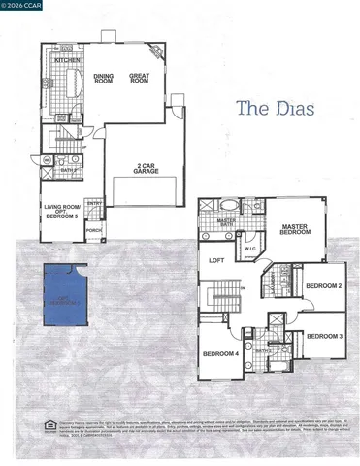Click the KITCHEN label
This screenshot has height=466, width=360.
tap(68, 59)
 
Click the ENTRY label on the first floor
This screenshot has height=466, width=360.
tap(94, 203)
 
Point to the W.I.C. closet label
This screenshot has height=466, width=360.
tap(250, 248)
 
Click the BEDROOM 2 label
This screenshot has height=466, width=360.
tap(323, 286)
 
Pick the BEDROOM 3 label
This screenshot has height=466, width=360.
tap(323, 336)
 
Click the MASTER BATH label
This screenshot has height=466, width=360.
tap(226, 222)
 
